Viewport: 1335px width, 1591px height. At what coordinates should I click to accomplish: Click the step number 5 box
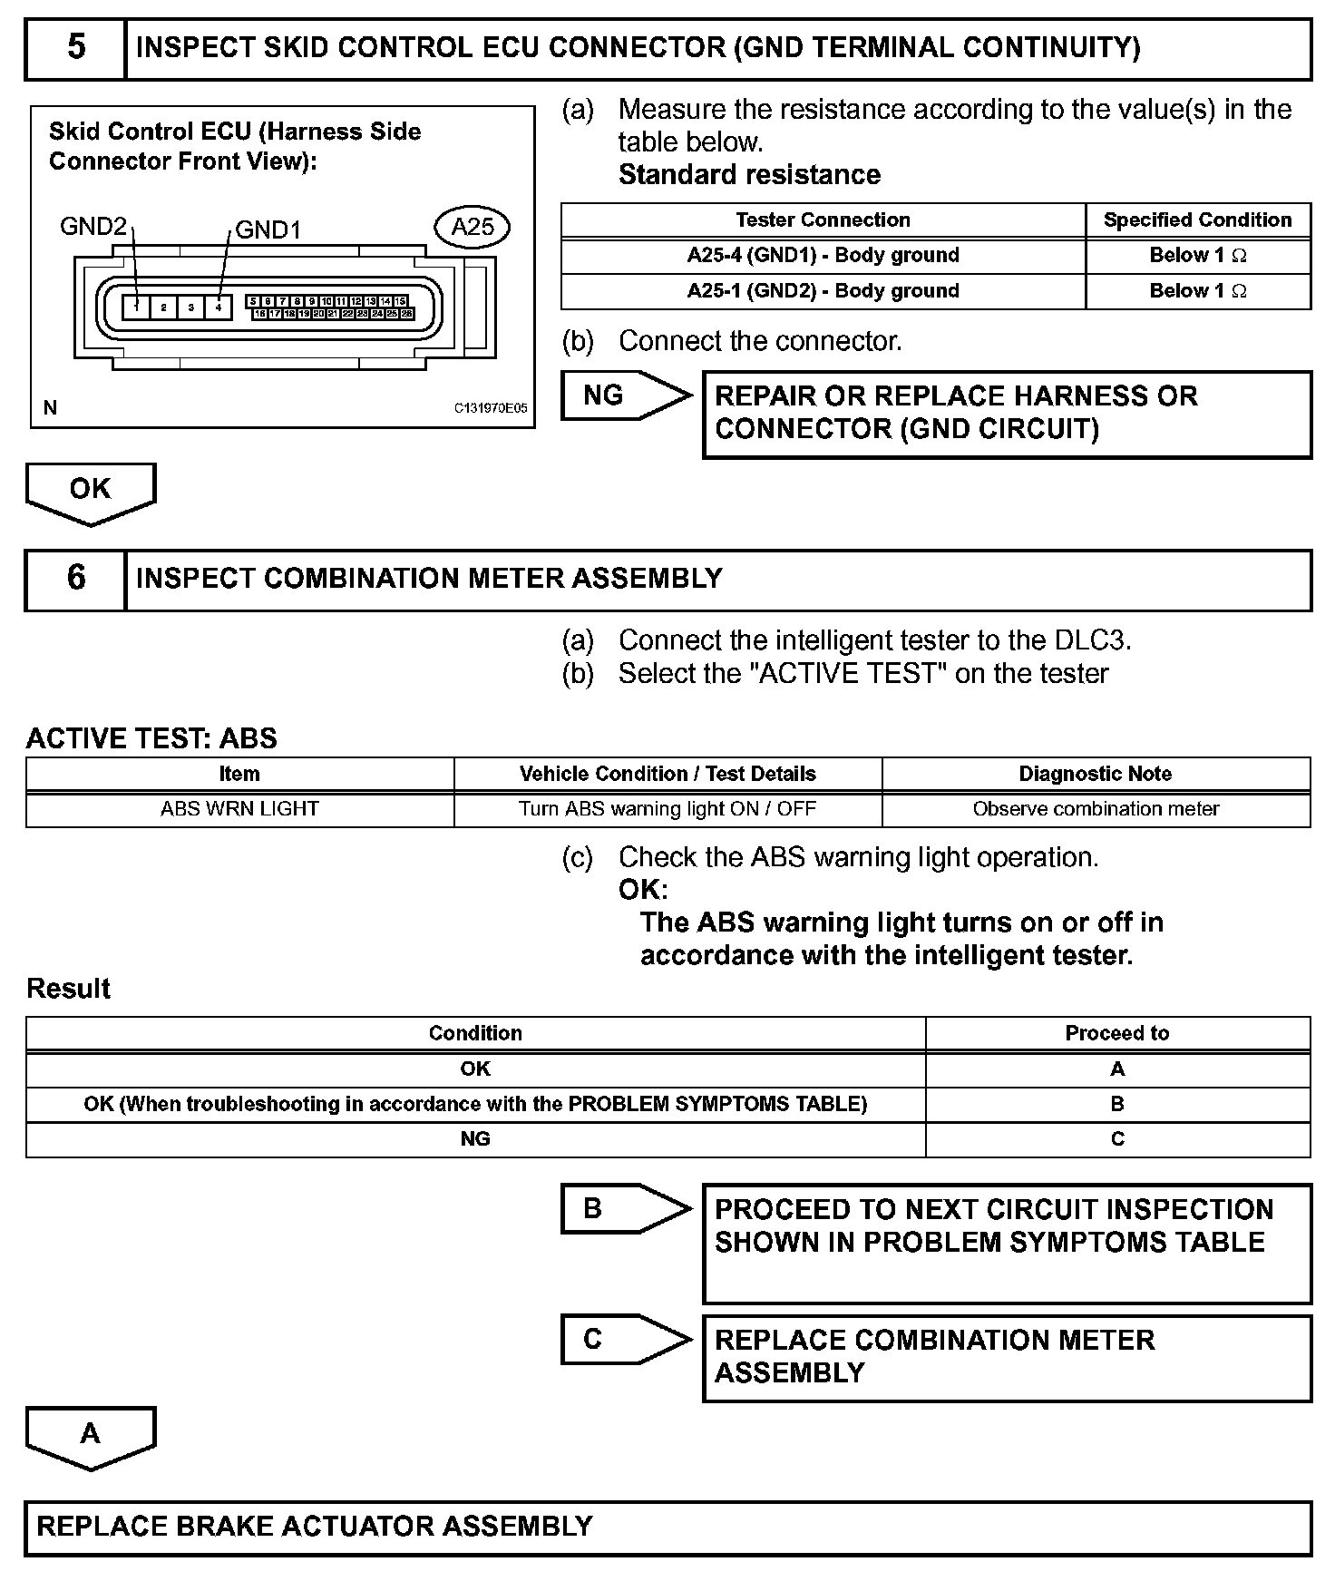tap(75, 48)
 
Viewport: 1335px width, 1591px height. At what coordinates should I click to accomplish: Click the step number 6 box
tap(75, 579)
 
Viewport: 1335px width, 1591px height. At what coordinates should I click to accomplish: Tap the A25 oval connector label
tap(473, 226)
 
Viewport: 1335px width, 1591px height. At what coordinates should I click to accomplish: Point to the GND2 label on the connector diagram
tap(93, 226)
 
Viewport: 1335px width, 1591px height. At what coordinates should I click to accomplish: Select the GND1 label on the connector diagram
tap(268, 229)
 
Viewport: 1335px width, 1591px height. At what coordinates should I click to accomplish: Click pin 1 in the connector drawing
tap(136, 307)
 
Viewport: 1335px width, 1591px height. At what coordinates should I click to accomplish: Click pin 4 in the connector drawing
tap(219, 307)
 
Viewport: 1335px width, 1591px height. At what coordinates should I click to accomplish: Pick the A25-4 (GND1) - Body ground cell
tap(823, 255)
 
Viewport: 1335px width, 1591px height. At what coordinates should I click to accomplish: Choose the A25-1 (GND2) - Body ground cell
tap(823, 290)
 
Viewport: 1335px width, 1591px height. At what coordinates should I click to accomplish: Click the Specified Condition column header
tap(1197, 220)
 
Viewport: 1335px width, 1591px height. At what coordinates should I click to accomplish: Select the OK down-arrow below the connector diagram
tap(90, 491)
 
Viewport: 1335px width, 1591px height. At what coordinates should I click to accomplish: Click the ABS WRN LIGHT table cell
tap(239, 808)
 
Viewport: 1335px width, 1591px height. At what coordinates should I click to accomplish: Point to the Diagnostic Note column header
tap(1096, 774)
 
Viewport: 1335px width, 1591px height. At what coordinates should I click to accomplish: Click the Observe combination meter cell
tap(1096, 808)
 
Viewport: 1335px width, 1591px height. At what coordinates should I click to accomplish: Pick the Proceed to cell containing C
tap(1117, 1139)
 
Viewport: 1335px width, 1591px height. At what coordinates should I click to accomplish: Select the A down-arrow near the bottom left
tap(90, 1435)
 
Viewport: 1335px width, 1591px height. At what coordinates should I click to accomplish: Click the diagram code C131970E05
tap(490, 408)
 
